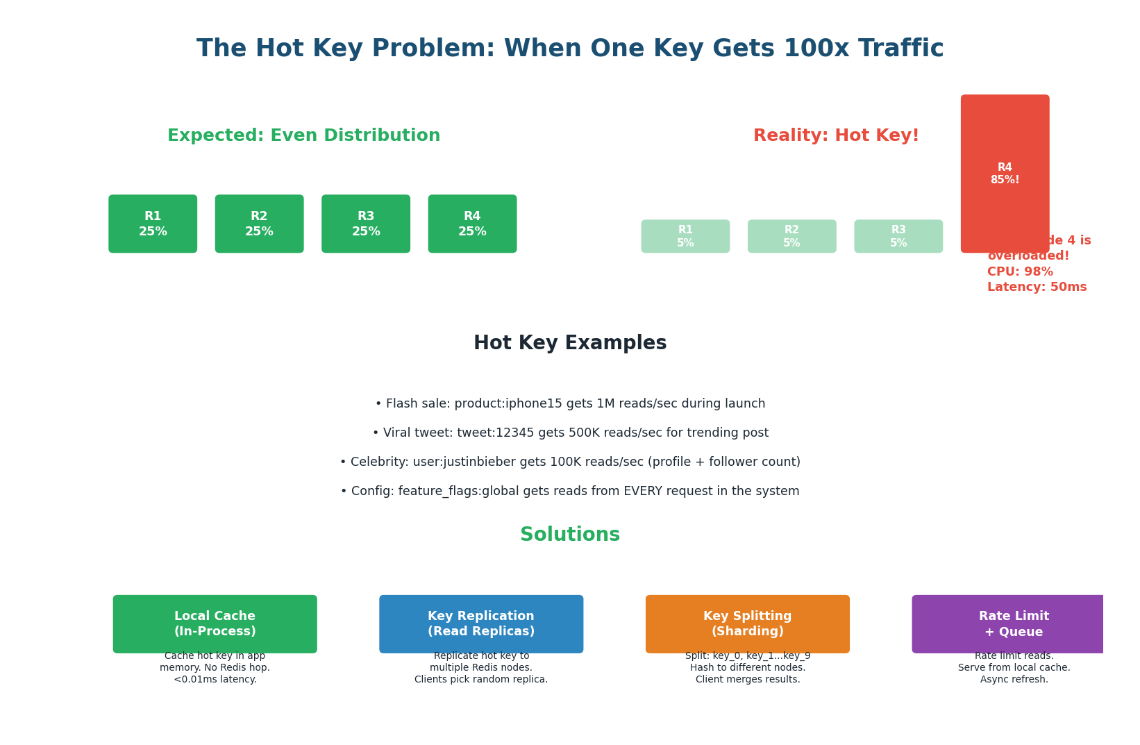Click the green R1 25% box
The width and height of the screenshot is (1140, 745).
coord(153,224)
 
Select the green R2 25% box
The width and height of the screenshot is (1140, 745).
coord(259,224)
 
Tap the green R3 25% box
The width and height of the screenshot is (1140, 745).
coord(366,224)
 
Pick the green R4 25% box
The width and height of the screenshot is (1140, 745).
coord(472,224)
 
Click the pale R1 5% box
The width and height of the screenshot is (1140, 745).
coord(685,236)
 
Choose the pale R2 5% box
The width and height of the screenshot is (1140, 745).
coord(791,236)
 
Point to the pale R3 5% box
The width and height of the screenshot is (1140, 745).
coord(898,236)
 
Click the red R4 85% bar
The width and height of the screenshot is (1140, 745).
coord(1005,174)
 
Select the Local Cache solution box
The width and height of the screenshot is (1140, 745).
coord(215,623)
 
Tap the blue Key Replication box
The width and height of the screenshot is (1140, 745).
coord(481,623)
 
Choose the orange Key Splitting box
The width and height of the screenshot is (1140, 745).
coord(748,623)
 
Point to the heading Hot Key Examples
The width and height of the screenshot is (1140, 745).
coord(570,344)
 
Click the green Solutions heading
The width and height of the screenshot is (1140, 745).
coord(570,535)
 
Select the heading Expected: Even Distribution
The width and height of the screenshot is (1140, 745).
coord(304,136)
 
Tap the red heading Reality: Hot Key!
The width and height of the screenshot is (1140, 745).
coord(836,136)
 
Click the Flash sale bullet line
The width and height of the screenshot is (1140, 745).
coord(570,404)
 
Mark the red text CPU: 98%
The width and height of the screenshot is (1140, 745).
coord(1020,272)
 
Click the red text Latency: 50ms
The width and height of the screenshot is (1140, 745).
coord(1037,287)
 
